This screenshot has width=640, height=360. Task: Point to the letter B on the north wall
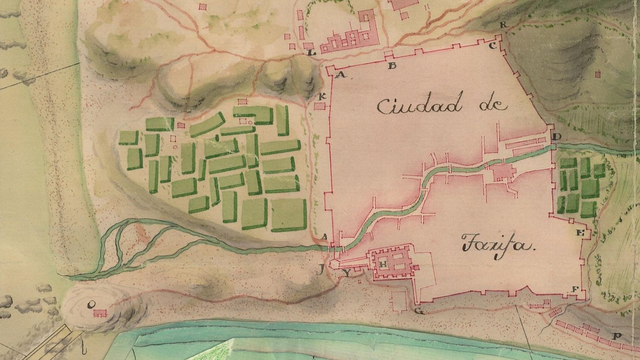click(x=392, y=66)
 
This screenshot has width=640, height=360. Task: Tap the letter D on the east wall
click(x=557, y=137)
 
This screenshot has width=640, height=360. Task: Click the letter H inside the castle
click(x=383, y=264)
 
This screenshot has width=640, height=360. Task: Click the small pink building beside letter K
click(x=320, y=106)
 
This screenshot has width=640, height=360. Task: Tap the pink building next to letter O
click(x=99, y=313)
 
